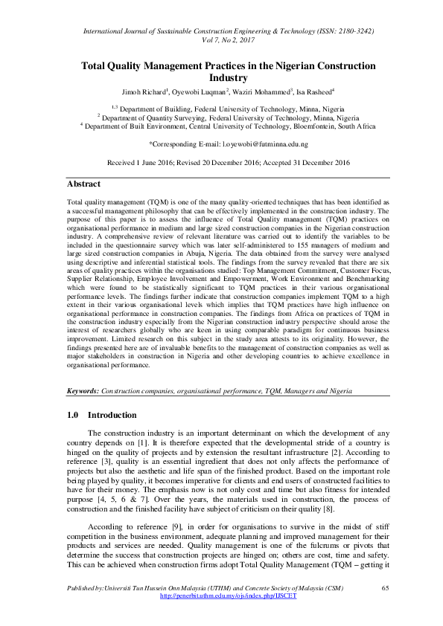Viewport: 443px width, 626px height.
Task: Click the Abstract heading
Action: click(83, 183)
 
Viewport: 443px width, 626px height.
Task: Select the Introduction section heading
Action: click(112, 414)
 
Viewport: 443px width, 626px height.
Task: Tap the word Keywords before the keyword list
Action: click(82, 390)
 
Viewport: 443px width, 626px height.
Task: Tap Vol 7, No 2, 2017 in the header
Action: click(228, 43)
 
